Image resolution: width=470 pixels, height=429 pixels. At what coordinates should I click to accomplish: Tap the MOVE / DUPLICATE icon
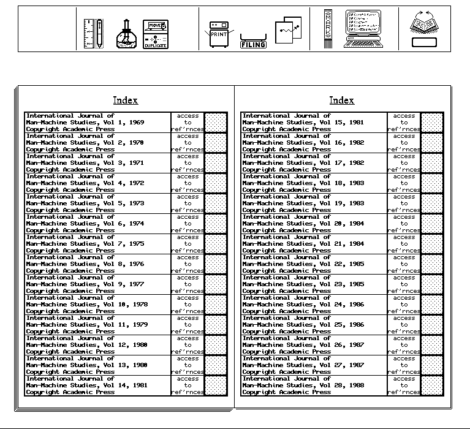156,34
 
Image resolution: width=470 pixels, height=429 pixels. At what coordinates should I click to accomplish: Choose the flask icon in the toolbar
126,35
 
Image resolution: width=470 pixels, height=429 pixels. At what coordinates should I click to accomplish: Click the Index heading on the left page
126,101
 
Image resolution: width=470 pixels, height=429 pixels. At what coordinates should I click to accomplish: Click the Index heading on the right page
341,101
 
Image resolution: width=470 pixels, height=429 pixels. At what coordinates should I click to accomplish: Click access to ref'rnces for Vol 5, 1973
188,203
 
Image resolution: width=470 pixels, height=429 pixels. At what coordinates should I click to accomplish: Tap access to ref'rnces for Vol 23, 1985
404,284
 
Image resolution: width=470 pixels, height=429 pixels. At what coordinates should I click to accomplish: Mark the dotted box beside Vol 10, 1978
215,305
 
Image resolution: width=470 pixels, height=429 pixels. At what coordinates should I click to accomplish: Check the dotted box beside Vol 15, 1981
431,123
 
